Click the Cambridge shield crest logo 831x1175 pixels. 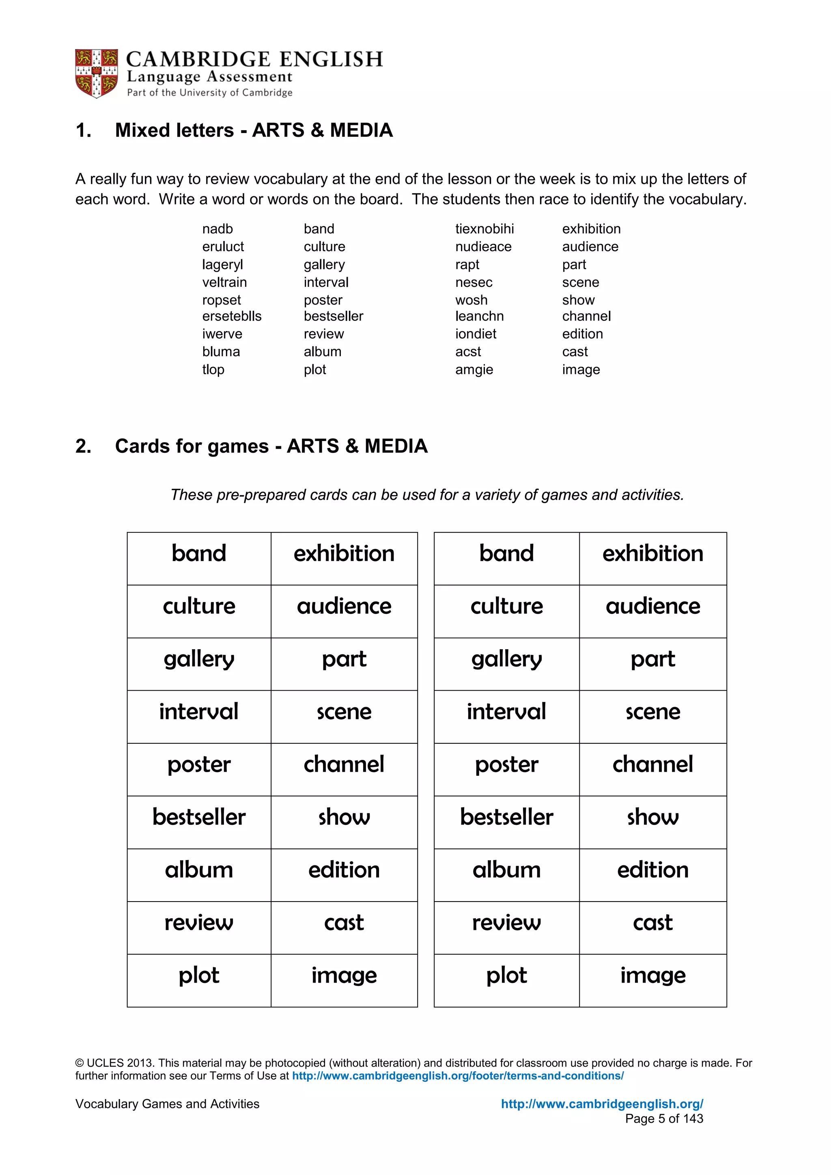96,73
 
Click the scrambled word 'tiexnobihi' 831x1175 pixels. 484,229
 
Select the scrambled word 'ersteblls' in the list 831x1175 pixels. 231,316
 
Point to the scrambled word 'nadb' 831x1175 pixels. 217,229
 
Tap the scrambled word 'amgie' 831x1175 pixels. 474,370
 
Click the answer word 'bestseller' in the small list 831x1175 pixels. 333,316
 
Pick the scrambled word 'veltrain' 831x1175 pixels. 224,282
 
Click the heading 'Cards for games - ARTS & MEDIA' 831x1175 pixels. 271,446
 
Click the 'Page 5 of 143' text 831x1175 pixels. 664,1119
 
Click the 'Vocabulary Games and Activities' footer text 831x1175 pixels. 167,1104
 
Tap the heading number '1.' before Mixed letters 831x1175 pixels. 84,131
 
